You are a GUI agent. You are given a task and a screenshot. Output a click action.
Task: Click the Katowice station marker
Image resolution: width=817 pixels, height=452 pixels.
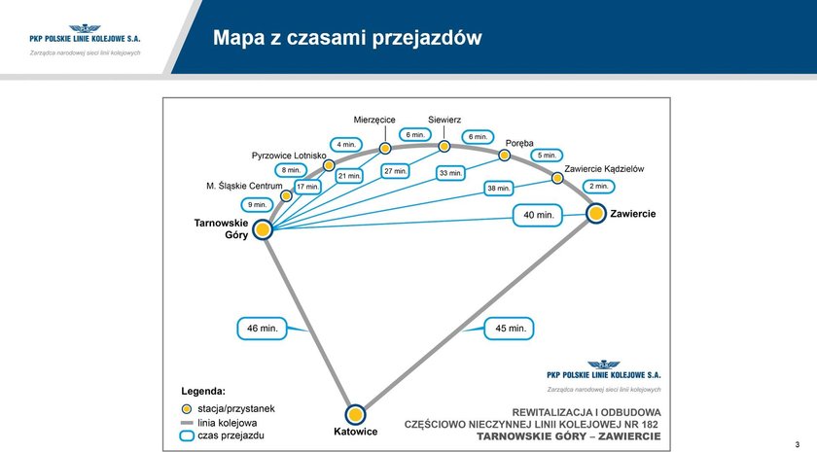354,413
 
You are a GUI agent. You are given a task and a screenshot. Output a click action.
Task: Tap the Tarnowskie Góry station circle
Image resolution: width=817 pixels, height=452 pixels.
263,229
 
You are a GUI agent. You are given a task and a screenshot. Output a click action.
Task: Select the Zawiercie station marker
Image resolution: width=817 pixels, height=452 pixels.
596,213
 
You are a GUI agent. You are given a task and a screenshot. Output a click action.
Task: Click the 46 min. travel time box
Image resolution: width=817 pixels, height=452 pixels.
263,329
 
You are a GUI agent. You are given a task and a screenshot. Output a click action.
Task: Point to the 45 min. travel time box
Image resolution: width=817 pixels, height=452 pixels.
511,329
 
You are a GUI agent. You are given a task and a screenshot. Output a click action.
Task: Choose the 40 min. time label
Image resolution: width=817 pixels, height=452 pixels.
538,215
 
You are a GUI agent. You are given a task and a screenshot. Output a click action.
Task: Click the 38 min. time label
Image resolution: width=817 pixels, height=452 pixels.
498,188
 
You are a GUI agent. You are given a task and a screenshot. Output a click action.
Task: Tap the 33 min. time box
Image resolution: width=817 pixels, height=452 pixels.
450,173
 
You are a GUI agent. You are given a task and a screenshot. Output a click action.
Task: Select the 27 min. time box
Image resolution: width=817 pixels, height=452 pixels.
395,171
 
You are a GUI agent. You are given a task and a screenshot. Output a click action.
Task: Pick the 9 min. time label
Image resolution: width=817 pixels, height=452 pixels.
257,205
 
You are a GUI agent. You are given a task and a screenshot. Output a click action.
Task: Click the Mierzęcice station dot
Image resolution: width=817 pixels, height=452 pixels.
385,148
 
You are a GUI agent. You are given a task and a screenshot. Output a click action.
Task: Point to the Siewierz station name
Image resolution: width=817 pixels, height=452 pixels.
444,120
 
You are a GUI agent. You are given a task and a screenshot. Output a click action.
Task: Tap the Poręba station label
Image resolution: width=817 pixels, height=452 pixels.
519,142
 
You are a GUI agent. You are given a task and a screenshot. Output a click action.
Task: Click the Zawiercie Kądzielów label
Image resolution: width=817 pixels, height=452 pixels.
604,168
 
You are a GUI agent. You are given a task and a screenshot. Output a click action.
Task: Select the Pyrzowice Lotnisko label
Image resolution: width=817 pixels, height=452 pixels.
289,155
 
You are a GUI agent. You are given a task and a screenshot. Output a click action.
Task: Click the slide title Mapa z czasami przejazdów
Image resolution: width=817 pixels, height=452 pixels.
347,38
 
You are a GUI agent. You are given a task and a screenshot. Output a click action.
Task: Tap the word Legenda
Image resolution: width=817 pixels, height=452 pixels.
203,391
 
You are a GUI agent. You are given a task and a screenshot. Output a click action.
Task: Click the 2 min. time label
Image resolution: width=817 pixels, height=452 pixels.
599,186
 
